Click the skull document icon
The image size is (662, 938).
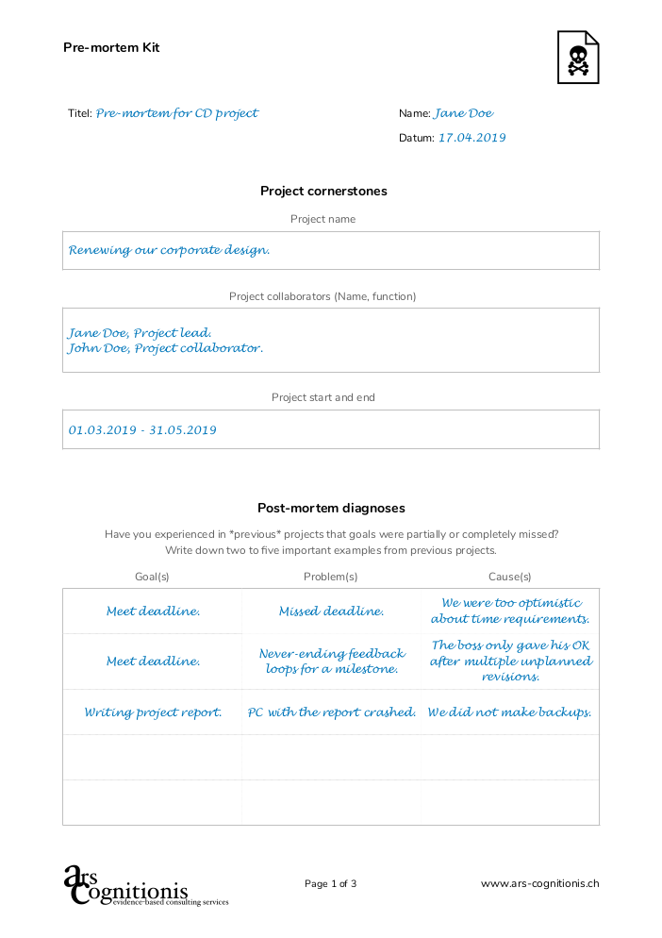(x=577, y=58)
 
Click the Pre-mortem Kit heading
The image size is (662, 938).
(x=111, y=47)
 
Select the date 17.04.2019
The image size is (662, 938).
(x=472, y=138)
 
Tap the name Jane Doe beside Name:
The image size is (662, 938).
(x=463, y=113)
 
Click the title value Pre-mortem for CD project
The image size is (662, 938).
(x=176, y=113)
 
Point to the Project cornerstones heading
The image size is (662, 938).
(x=323, y=191)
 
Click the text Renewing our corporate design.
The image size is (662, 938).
(x=170, y=251)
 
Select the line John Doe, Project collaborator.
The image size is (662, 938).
(x=165, y=348)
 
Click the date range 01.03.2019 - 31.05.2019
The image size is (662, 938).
(x=142, y=430)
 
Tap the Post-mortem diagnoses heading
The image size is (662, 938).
(x=331, y=508)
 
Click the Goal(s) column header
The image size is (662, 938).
(x=152, y=577)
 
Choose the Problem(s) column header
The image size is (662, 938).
(x=330, y=577)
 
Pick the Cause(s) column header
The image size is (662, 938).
(x=509, y=577)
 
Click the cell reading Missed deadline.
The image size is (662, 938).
(x=331, y=611)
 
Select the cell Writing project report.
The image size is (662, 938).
(x=153, y=712)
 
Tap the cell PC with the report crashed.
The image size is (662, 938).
(x=331, y=712)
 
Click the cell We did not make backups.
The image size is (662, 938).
(x=509, y=712)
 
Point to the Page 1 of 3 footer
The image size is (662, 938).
(x=330, y=884)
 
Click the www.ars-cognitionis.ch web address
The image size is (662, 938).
(x=539, y=884)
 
